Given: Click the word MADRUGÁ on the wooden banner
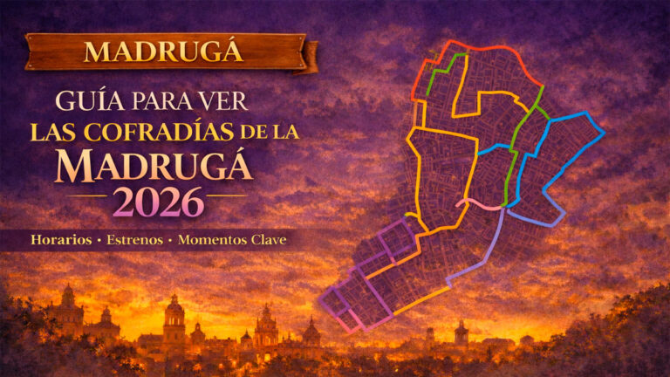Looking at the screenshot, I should pyautogui.click(x=163, y=51).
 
